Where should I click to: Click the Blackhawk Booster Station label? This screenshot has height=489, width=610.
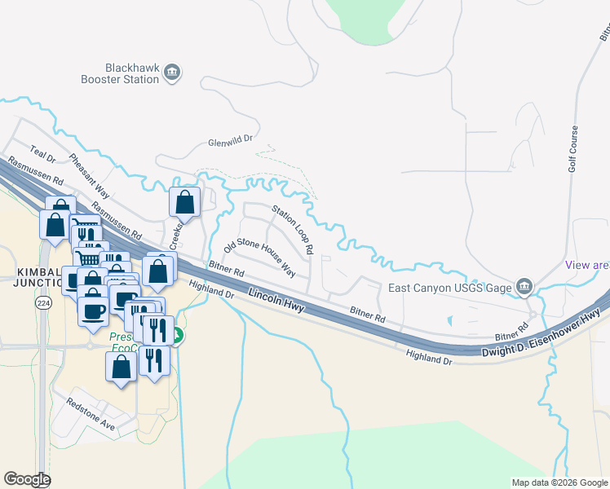point(131,74)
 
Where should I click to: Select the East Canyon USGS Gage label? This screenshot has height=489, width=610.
point(449,287)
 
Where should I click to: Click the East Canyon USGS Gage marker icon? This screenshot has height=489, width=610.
point(524,286)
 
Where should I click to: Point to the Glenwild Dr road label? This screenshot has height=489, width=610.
point(232,140)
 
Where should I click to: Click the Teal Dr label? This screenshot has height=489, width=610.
point(42,152)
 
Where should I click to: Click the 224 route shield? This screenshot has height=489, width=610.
point(42,302)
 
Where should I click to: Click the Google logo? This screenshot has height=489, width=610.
point(27,479)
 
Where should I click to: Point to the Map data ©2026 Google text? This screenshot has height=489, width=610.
point(559,482)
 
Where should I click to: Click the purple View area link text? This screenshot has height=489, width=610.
point(587,266)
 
